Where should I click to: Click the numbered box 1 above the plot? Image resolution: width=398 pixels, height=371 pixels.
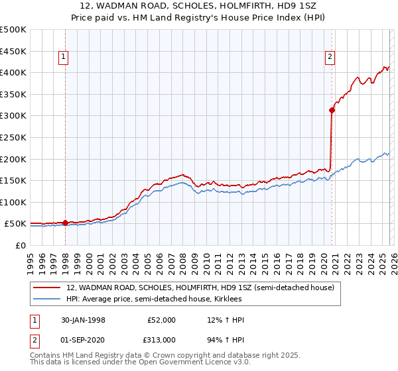63,58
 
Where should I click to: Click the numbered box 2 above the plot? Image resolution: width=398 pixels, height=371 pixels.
330,58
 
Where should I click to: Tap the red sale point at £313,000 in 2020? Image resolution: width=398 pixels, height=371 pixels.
332,110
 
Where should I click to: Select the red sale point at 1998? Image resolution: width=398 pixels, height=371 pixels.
66,223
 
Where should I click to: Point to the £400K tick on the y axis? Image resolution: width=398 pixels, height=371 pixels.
13,72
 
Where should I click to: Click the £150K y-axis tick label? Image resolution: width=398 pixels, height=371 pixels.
13,180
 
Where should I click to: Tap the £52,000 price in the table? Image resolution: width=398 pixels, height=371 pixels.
162,320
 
